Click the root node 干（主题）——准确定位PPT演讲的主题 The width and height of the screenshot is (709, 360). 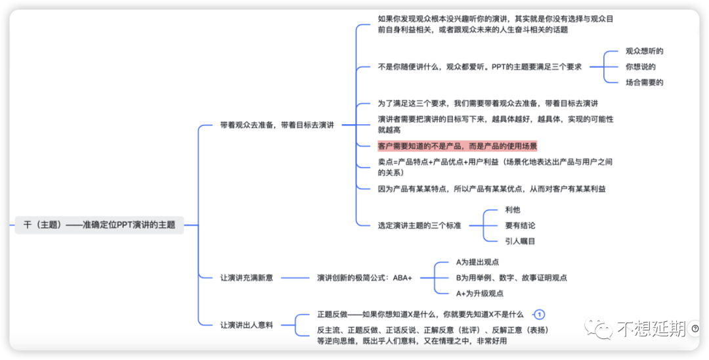coord(100,225)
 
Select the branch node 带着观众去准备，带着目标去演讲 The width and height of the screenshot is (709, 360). coord(277,125)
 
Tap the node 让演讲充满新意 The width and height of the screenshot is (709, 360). coord(246,278)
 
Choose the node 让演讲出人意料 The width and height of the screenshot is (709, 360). coord(246,325)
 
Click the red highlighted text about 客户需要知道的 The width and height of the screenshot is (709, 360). coord(457,146)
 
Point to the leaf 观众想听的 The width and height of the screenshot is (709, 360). coord(645,51)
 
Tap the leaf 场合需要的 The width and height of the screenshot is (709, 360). coord(645,82)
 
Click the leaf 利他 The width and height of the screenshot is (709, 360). coord(513,210)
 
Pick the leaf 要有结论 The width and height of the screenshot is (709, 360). coord(520,225)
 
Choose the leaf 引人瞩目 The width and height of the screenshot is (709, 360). coord(520,241)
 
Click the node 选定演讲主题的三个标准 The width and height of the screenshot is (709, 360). coord(419,225)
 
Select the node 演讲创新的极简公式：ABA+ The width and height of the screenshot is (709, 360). coord(364,278)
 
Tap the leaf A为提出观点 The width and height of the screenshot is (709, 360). coord(477,262)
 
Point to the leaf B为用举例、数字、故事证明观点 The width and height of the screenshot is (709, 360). coord(511,278)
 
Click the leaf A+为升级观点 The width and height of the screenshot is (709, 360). coord(479,293)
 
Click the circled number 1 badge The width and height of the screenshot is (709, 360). coord(539,314)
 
